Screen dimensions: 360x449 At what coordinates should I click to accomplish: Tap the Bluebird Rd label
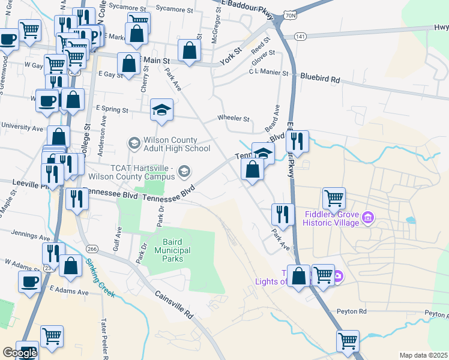[x=320, y=78]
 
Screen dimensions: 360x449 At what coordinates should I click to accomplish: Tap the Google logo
[x=20, y=353]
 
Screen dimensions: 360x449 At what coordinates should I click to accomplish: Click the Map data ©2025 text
[x=423, y=355]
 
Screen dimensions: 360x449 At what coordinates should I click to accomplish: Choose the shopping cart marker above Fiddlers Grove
[x=334, y=197]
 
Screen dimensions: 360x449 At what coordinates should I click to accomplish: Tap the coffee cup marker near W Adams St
[x=29, y=281]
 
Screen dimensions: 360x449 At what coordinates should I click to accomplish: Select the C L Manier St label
[x=268, y=74]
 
